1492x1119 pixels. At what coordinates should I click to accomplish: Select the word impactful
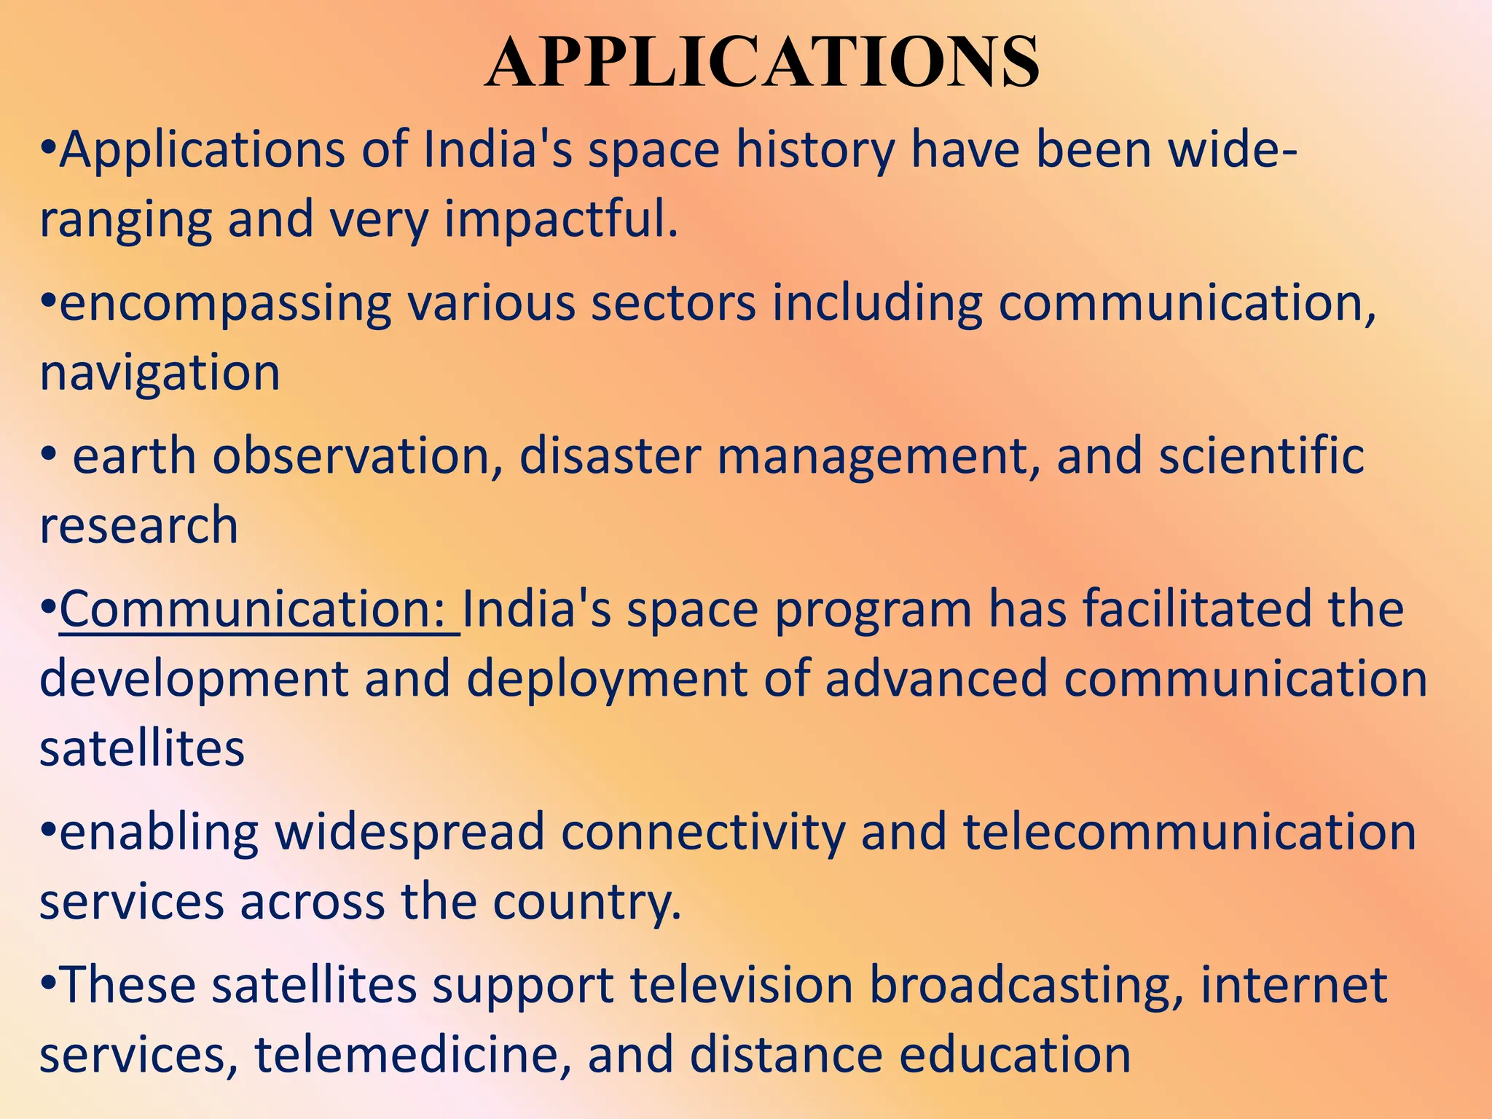click(561, 219)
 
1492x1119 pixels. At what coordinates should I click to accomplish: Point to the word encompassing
click(225, 305)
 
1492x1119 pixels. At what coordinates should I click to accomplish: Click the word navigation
click(160, 372)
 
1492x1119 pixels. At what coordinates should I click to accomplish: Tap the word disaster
click(610, 456)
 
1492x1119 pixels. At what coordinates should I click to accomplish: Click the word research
click(138, 525)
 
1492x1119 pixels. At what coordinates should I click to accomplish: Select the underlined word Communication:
click(259, 609)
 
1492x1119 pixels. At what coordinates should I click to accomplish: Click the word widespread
click(409, 832)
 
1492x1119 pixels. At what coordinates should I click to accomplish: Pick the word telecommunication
click(1189, 832)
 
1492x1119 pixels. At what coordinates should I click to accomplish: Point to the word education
click(1015, 1054)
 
